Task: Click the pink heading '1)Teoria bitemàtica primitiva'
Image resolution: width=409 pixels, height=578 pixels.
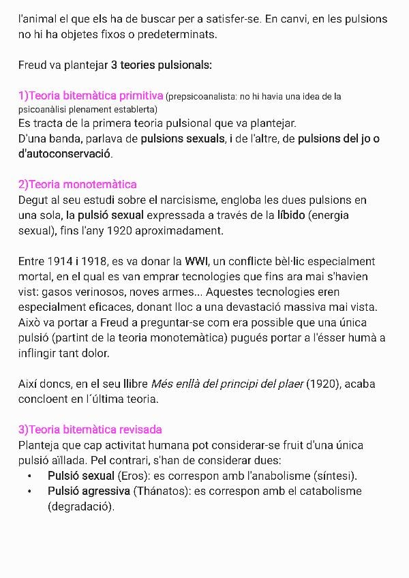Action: click(x=91, y=95)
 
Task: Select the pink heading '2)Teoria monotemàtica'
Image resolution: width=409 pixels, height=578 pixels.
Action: click(x=78, y=184)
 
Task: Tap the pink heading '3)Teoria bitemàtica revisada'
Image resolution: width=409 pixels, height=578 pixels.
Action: click(x=90, y=429)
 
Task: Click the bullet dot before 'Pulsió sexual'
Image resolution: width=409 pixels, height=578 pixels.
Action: click(x=30, y=476)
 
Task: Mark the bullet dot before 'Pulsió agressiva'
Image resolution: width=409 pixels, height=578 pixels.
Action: click(x=30, y=491)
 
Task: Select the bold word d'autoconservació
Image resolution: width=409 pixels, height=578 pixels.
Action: click(x=65, y=154)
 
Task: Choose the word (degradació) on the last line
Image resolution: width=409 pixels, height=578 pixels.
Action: click(x=81, y=506)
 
